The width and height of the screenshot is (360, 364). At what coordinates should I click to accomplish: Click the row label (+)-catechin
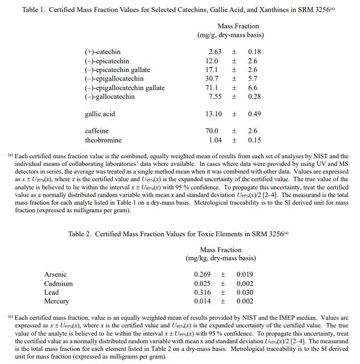click(x=103, y=52)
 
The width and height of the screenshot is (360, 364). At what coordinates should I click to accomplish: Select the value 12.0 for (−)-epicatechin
click(x=212, y=61)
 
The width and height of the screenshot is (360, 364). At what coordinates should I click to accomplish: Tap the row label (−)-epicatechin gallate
click(x=117, y=70)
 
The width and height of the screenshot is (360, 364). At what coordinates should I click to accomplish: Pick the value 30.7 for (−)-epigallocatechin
click(x=212, y=79)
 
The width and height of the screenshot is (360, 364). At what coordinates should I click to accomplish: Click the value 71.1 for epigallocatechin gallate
click(x=212, y=88)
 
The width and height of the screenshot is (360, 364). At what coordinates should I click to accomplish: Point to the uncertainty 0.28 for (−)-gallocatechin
click(x=254, y=97)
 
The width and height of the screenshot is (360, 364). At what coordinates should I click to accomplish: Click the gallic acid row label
click(x=100, y=114)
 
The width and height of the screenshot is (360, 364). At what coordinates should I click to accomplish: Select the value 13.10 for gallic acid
click(x=213, y=114)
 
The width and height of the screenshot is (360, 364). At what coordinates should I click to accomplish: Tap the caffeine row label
click(x=97, y=131)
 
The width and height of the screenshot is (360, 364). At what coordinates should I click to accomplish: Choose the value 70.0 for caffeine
click(x=212, y=131)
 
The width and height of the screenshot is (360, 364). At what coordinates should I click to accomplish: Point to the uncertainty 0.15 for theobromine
click(x=254, y=140)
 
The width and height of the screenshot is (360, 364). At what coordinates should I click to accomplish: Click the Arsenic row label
click(x=55, y=275)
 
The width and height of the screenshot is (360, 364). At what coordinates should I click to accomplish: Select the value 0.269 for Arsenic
click(x=203, y=275)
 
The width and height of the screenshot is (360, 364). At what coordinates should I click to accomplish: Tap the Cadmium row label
click(x=58, y=284)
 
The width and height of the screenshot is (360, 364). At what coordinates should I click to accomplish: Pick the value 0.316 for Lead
click(x=203, y=293)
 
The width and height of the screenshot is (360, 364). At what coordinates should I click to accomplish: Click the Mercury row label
click(x=57, y=301)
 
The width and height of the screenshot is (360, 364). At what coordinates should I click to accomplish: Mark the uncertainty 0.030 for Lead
click(x=245, y=293)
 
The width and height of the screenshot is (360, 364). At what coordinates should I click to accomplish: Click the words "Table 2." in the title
click(x=80, y=234)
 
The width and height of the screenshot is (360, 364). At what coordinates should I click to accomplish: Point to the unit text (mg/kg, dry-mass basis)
click(x=220, y=258)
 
